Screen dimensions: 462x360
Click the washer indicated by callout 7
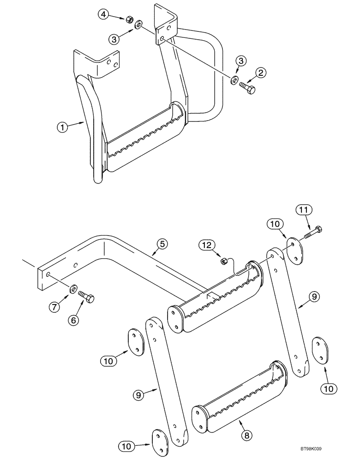[73, 290]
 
